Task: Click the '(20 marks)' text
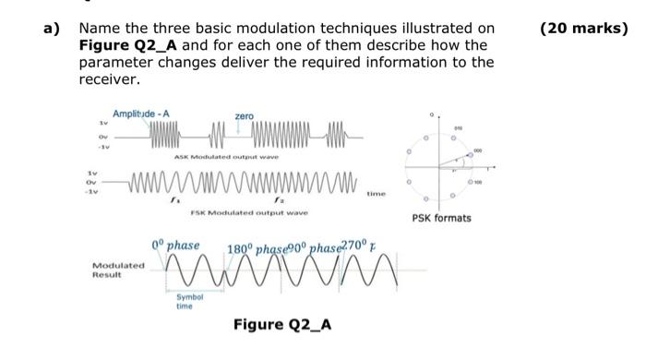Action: pos(582,29)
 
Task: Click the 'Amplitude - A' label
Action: pos(140,114)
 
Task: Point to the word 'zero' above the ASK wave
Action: pos(244,116)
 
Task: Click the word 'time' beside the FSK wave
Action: pos(377,194)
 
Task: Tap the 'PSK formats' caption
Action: pos(440,218)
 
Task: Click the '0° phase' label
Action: pos(175,245)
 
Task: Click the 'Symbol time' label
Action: pos(185,302)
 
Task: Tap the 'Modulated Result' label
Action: pos(118,270)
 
